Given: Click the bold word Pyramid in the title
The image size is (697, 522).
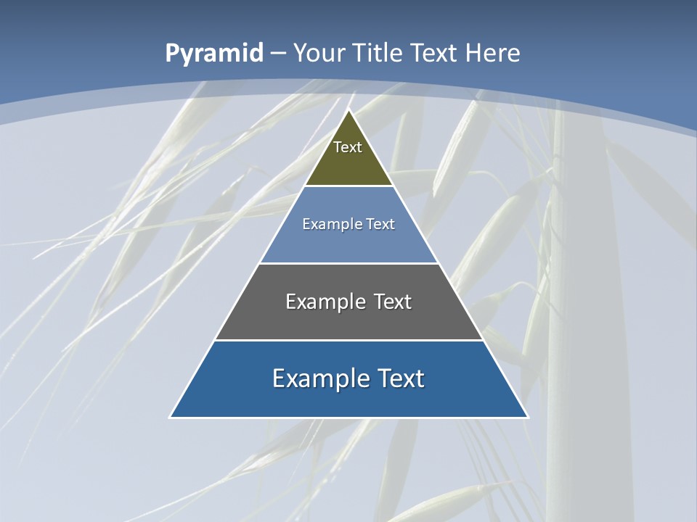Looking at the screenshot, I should [x=214, y=54].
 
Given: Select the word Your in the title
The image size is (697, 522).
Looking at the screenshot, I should [x=319, y=53].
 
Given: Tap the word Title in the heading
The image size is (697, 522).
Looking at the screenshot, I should [x=378, y=53].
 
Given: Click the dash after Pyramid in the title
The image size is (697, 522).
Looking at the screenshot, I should [x=278, y=54].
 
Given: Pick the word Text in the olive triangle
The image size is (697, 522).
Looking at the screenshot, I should [x=348, y=147].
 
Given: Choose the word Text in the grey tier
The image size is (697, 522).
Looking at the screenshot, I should [x=392, y=302].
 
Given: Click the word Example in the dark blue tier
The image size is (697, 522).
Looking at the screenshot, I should [x=314, y=378].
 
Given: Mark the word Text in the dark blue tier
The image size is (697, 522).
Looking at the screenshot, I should [x=400, y=378].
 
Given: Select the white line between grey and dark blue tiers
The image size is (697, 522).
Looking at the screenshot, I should [x=348, y=340].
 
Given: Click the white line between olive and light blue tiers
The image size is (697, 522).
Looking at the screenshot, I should [x=348, y=186].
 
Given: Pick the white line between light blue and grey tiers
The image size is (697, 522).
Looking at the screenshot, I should [x=348, y=263].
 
